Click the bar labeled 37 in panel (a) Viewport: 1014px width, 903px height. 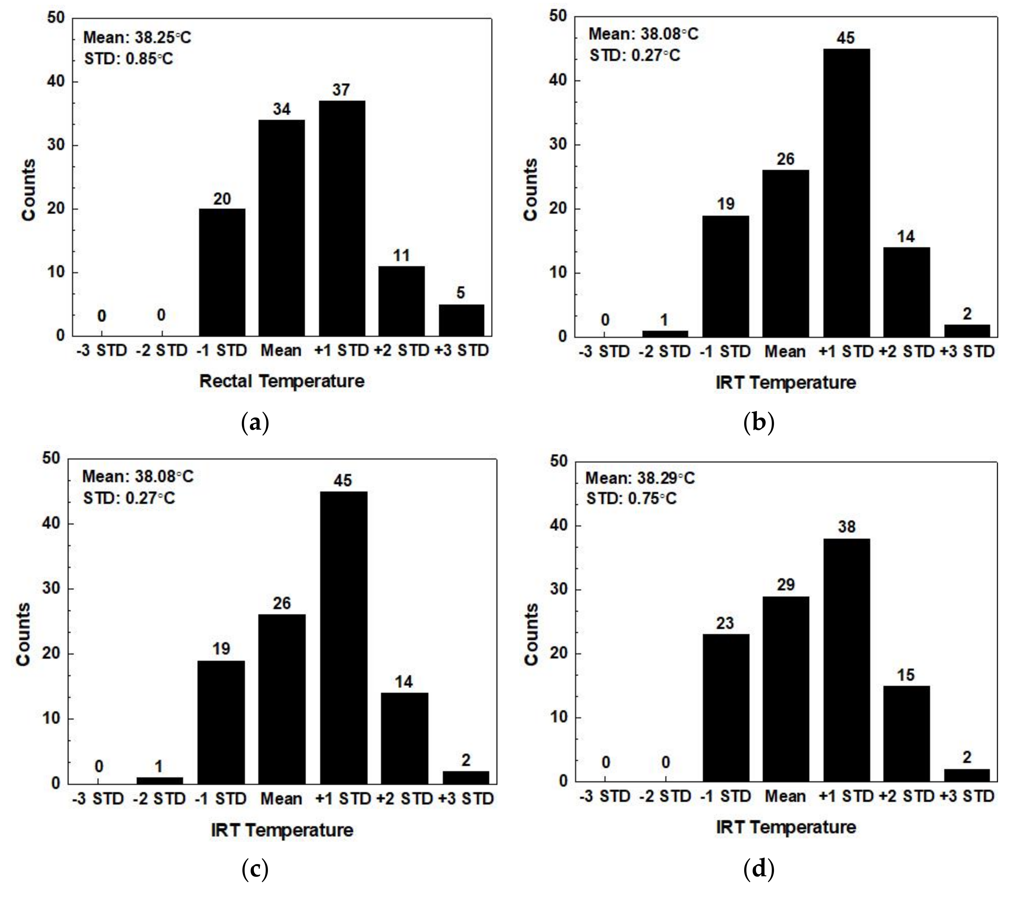click(342, 218)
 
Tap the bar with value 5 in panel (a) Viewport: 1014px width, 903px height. click(461, 320)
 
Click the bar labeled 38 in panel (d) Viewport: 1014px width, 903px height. click(846, 660)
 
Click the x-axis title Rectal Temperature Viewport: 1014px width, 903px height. click(281, 381)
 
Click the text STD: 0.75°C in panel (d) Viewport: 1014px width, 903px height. click(631, 499)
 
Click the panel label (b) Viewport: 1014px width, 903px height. click(759, 423)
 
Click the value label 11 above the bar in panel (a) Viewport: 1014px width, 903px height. click(401, 256)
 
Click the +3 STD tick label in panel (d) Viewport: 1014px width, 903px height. click(967, 796)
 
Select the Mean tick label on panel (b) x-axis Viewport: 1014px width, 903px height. click(785, 352)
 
